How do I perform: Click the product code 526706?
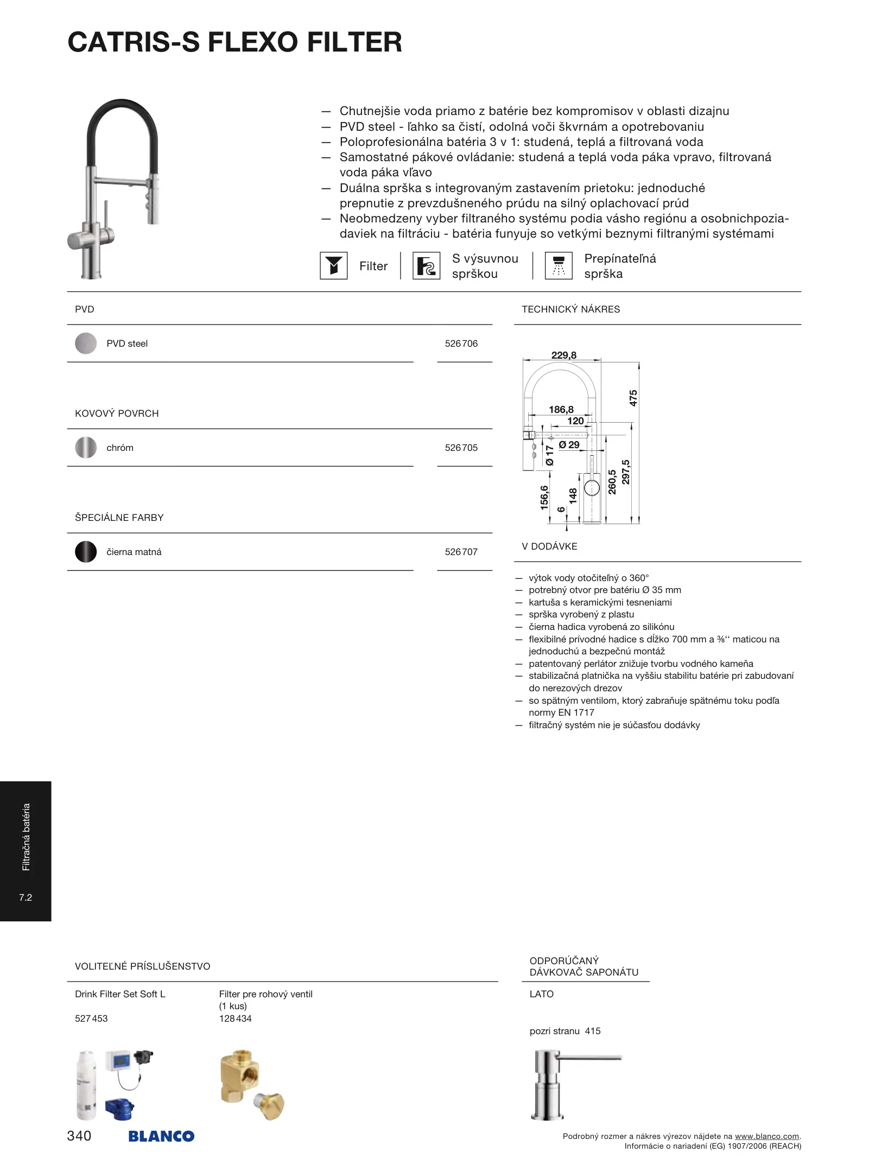point(461,343)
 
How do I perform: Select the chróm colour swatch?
point(86,448)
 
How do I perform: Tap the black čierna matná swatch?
point(86,552)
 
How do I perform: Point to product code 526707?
point(461,552)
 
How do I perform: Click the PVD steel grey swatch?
point(86,343)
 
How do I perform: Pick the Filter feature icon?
point(333,266)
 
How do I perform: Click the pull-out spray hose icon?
point(426,266)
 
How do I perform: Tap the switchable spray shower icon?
point(558,266)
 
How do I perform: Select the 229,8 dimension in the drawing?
point(563,355)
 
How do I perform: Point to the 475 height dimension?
point(633,398)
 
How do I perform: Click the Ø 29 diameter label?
point(569,445)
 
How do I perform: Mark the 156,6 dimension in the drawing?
point(544,497)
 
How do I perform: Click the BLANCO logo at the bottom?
point(161,1136)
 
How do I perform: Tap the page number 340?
point(79,1136)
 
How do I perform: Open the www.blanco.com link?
point(767,1136)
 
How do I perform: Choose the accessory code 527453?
point(91,1018)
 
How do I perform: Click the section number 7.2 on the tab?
point(26,897)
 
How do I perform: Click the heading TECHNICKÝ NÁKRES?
point(570,309)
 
